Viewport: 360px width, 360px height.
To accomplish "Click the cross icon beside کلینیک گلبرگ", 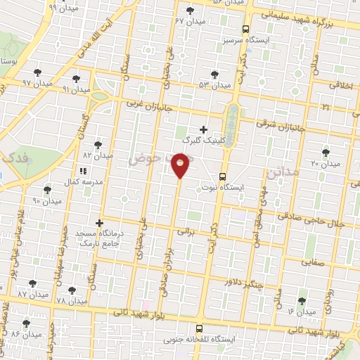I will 204,129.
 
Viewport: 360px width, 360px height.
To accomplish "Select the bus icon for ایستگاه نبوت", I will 223,176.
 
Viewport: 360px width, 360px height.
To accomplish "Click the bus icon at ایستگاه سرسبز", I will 245,30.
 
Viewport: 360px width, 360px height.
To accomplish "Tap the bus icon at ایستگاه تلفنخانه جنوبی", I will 199,328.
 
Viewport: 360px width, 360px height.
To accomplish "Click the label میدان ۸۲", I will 98,155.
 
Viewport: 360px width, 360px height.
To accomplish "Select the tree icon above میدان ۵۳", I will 212,74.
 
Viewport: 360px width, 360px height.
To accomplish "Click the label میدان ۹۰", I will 47,201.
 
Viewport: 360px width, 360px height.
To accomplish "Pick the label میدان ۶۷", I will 190,21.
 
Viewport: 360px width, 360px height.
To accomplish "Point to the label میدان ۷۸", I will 71,301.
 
